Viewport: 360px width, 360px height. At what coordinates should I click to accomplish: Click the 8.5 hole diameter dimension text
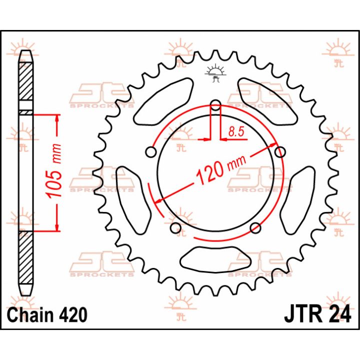pyautogui.click(x=236, y=132)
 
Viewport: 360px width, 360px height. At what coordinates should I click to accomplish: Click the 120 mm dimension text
pyautogui.click(x=221, y=169)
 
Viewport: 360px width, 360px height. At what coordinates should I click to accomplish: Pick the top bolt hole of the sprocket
pyautogui.click(x=215, y=104)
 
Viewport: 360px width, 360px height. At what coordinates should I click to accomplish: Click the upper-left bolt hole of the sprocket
pyautogui.click(x=151, y=152)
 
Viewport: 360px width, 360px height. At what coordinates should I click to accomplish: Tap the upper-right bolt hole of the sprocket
pyautogui.click(x=280, y=152)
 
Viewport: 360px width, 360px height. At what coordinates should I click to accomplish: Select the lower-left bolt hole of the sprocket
pyautogui.click(x=176, y=227)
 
